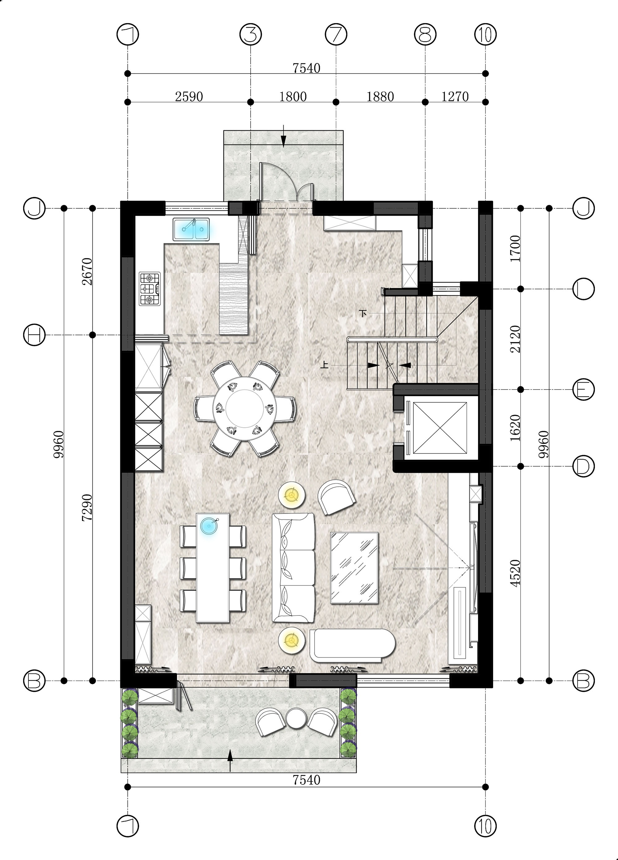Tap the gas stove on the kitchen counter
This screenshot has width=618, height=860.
point(150,288)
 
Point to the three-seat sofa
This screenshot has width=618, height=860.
point(294,568)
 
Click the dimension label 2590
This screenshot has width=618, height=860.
point(189,97)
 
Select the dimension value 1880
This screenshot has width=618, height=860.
point(380,97)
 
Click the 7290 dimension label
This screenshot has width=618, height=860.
point(87,507)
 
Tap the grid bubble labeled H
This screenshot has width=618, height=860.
point(34,335)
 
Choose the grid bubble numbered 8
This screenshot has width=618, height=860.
point(425,35)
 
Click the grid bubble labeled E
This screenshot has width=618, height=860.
point(583,389)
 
